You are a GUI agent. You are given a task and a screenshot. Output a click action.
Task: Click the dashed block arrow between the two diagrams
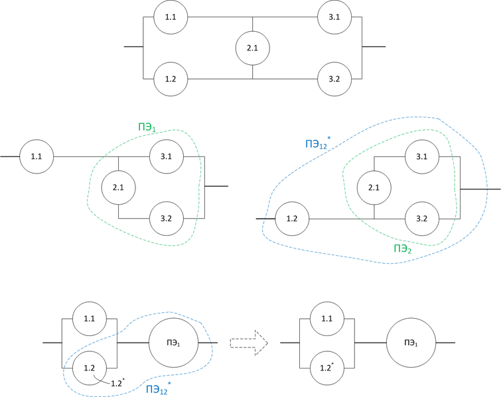coord(248,343)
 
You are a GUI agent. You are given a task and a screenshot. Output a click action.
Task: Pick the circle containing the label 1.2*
coord(327,367)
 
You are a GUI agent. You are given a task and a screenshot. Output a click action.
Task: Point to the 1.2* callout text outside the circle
coord(116,382)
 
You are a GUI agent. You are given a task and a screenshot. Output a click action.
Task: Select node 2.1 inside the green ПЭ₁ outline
coord(118,188)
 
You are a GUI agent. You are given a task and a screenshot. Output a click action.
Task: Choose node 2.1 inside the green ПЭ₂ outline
coord(374,188)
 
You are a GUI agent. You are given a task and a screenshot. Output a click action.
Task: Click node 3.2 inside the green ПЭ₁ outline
coord(166,218)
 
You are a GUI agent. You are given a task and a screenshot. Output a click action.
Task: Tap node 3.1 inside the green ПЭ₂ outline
coord(421,157)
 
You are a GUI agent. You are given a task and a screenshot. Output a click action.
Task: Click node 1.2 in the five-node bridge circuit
coord(171,79)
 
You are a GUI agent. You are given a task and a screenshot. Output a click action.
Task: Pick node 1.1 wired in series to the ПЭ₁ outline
coord(36,157)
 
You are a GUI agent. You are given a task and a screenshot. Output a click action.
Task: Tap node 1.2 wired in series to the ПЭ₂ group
coord(291,218)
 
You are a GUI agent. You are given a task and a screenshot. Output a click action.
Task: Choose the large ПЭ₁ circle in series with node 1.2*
coord(410,343)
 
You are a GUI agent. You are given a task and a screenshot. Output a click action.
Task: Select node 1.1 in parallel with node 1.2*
coord(327,319)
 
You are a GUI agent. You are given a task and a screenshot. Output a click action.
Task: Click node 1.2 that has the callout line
coord(88,367)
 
